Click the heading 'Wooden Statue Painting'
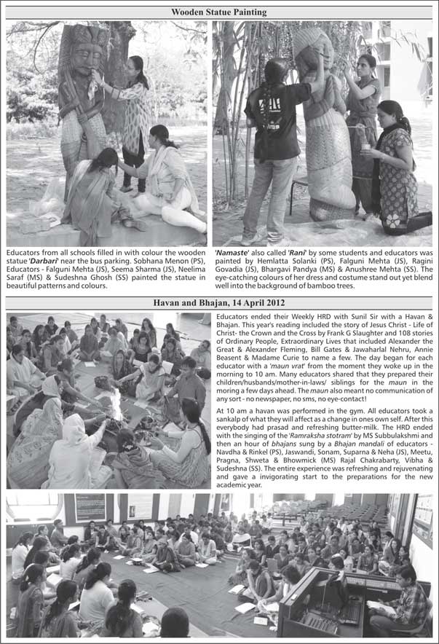[x=219, y=12]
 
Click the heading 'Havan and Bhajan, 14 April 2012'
[x=219, y=302]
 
